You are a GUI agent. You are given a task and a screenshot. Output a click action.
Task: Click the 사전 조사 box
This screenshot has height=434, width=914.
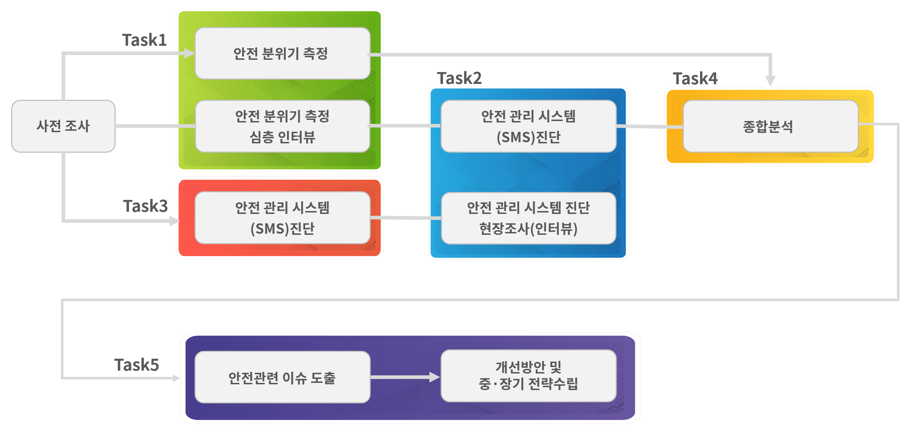point(63,126)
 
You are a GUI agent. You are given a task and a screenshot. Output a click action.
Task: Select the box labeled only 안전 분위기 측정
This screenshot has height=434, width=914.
point(282,53)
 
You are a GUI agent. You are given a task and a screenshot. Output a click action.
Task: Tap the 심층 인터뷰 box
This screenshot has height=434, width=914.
point(282,126)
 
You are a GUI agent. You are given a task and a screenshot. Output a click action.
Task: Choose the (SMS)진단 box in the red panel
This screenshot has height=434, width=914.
point(282,218)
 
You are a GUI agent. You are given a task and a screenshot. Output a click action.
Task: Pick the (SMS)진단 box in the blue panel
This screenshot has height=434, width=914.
point(529,126)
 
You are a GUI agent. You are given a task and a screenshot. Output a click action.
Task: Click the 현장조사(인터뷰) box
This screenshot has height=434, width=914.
point(529,218)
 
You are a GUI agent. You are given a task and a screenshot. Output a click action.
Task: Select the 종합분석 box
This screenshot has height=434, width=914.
point(770,126)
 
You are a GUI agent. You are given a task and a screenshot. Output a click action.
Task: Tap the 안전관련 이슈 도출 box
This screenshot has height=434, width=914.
point(282,377)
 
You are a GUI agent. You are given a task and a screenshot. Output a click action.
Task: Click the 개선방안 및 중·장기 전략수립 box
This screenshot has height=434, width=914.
point(529,376)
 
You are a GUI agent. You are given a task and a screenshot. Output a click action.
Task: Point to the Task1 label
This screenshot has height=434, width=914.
point(144,40)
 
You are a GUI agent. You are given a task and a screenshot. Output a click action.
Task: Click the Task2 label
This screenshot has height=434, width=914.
point(459,78)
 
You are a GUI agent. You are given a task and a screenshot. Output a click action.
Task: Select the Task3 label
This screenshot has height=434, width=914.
point(146,206)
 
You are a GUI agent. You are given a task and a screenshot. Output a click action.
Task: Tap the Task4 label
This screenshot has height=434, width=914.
point(695,79)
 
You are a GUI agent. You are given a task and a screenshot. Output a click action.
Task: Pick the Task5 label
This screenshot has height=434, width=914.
point(137,365)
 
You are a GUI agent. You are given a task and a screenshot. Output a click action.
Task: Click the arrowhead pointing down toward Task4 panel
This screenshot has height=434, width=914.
point(770,80)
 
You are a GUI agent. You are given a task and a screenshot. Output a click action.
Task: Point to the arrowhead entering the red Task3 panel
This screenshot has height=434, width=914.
point(174,221)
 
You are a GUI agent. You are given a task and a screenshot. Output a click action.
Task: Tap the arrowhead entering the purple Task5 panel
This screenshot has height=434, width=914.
point(176,378)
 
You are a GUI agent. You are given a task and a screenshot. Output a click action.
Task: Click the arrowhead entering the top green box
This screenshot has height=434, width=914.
point(190,53)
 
